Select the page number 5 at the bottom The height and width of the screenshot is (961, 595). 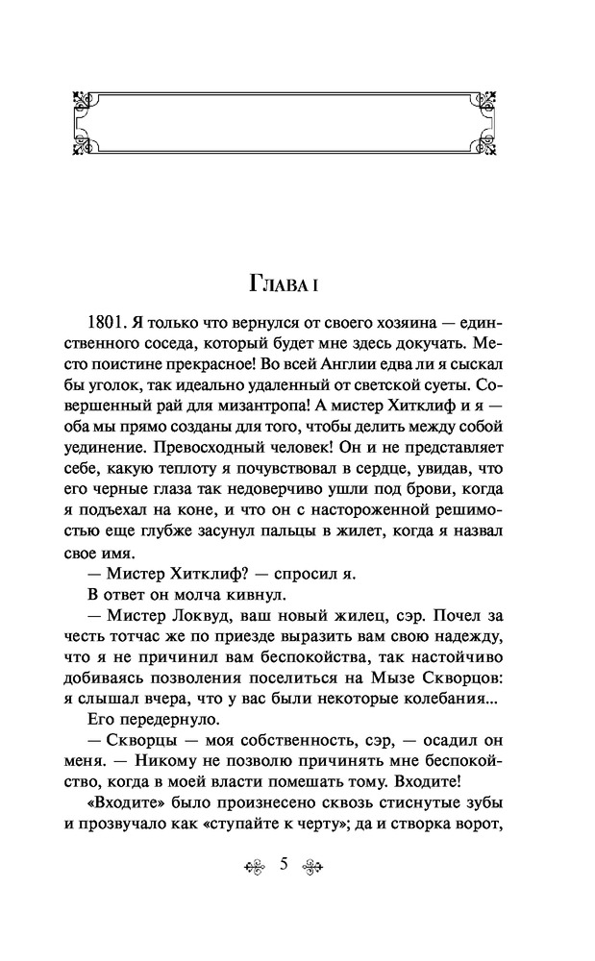[x=284, y=863]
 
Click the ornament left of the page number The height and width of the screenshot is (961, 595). [x=254, y=864]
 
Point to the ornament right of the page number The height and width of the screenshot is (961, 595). [x=313, y=864]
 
